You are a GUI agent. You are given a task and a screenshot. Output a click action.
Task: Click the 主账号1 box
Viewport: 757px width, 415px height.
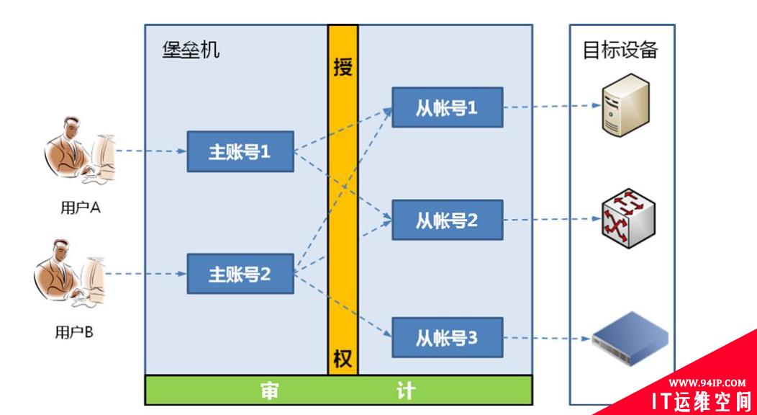240,151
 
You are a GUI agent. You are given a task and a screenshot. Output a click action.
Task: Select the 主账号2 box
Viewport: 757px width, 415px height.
240,274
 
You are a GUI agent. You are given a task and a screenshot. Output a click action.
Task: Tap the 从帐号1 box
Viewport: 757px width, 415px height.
447,107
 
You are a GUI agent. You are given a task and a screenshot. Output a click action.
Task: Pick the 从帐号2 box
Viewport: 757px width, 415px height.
447,220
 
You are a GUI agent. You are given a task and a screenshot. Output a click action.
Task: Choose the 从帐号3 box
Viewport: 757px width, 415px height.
447,336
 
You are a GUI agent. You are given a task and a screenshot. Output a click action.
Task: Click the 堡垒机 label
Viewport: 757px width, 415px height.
191,50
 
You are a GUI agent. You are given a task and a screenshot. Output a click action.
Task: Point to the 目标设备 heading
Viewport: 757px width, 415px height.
620,50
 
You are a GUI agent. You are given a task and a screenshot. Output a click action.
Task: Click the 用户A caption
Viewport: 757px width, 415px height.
79,208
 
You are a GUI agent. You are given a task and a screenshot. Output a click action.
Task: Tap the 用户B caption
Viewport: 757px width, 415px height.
74,332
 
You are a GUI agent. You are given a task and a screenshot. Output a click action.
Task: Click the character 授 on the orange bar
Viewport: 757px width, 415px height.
343,68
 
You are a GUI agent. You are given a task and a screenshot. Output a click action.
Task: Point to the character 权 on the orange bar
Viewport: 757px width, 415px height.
343,358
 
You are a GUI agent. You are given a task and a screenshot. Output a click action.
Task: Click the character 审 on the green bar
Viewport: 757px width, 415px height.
270,391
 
